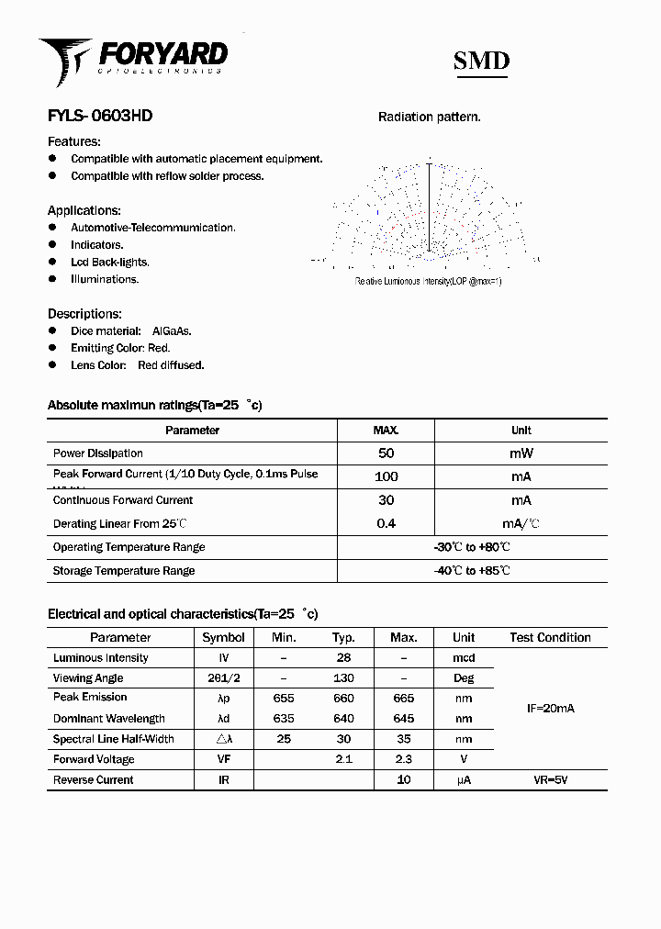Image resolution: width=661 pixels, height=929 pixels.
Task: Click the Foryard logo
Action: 132,59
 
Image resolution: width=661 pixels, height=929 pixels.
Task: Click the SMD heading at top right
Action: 481,62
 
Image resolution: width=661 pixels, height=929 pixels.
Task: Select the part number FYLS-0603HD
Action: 100,116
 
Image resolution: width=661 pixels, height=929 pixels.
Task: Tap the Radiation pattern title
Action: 430,117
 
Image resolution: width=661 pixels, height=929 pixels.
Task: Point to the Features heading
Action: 74,141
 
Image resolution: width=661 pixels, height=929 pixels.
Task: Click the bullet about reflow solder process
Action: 167,176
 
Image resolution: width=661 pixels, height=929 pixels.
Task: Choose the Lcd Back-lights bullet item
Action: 109,263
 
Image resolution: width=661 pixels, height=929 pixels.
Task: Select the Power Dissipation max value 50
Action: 386,453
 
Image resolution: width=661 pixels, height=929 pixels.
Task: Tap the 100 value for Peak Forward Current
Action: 386,476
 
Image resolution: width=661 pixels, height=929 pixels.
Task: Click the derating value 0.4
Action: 386,523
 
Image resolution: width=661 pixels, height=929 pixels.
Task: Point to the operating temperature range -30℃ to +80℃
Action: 472,547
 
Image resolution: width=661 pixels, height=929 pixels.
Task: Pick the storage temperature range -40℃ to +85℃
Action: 472,571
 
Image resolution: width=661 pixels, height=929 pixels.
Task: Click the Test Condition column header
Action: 550,637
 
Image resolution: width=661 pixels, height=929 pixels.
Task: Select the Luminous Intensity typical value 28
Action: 343,658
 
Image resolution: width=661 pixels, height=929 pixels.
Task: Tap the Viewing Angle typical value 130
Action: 343,678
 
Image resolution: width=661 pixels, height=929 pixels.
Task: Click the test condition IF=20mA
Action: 550,709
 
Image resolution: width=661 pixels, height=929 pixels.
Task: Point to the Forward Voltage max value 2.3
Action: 403,760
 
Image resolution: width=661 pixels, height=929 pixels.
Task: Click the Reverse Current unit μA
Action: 464,780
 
